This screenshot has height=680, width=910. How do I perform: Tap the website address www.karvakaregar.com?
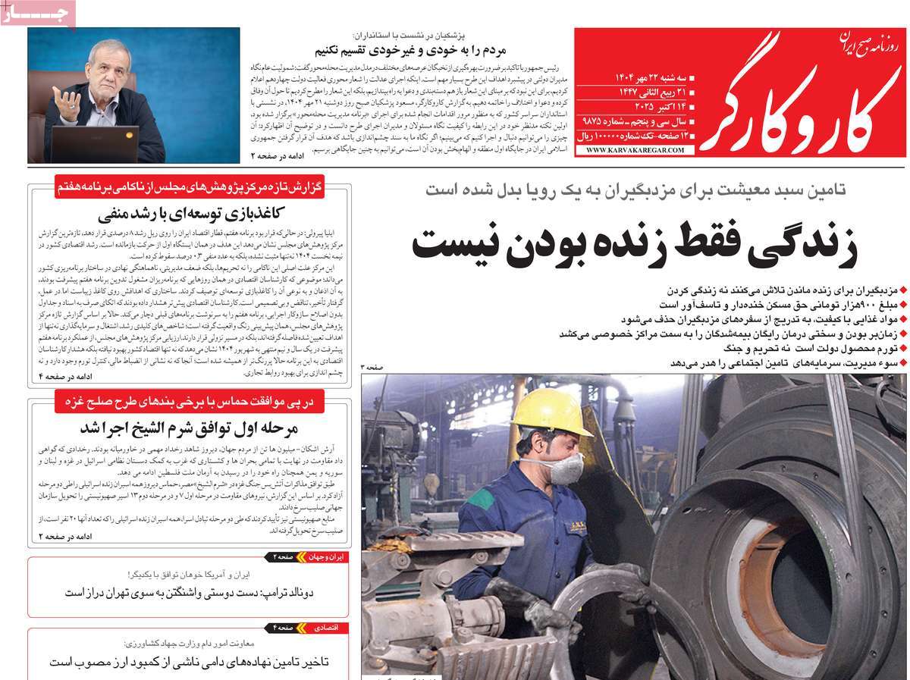pos(635,151)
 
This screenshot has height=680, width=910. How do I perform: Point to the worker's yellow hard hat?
pos(551,412)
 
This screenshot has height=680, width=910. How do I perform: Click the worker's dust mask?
pos(565,467)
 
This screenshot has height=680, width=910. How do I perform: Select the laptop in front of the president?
pos(96,143)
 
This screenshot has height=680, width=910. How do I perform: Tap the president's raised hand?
pos(67,102)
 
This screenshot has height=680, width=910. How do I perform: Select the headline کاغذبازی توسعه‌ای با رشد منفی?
pos(190,212)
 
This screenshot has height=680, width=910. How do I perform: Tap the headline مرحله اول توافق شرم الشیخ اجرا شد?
pos(190,426)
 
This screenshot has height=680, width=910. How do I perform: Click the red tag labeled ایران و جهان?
pos(324,557)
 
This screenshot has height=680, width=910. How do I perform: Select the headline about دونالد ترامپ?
pos(190,592)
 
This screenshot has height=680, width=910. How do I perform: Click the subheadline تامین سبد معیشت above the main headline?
pos(635,190)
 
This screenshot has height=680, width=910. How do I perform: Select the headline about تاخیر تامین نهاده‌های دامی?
pos(190,662)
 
